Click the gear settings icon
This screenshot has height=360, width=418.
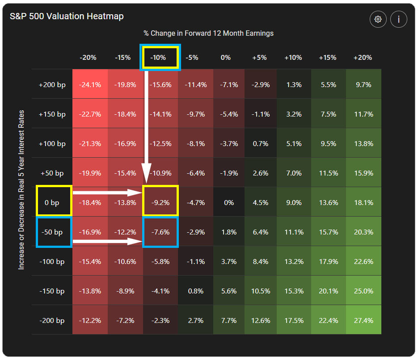[378, 19]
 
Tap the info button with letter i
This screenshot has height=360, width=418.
[398, 19]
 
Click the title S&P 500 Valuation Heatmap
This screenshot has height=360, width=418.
[67, 17]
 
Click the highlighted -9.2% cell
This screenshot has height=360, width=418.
[160, 202]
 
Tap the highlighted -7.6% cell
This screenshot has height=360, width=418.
[160, 232]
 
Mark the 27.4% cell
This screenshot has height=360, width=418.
[363, 320]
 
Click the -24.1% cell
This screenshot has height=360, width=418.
[89, 84]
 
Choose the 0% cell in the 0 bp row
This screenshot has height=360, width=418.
[229, 202]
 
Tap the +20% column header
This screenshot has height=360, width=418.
[363, 58]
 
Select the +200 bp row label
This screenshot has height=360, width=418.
[52, 84]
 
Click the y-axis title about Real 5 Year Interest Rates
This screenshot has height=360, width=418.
[21, 190]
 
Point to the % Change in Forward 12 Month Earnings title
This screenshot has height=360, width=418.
[208, 33]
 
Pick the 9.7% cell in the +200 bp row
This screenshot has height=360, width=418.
[363, 84]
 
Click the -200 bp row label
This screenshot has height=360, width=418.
[52, 320]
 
